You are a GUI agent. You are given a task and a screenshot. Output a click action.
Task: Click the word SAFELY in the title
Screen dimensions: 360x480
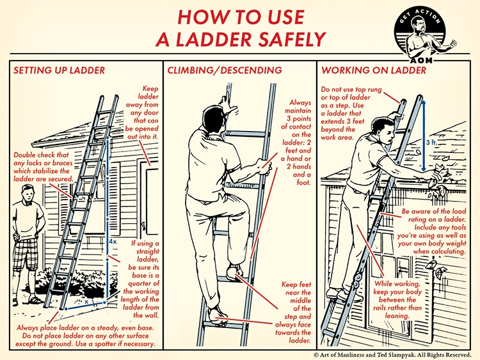[282, 40]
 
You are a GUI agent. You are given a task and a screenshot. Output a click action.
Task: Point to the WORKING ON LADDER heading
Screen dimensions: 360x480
[374, 70]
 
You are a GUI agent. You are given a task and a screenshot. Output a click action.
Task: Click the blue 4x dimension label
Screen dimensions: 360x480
[113, 242]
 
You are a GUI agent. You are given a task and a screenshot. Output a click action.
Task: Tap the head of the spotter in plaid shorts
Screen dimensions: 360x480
[26, 196]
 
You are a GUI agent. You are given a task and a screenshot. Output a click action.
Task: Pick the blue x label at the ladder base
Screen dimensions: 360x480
[86, 298]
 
